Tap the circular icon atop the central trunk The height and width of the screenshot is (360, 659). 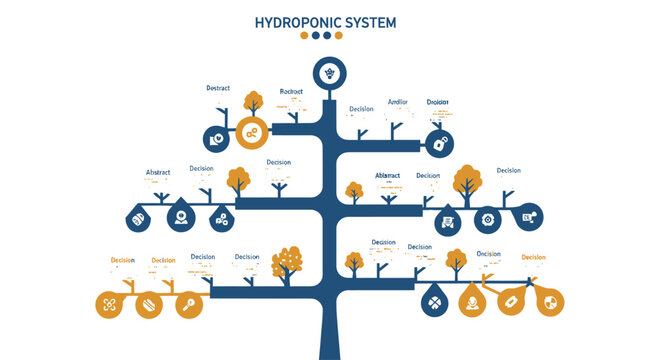coord(328,72)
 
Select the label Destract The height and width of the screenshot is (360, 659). coord(218,89)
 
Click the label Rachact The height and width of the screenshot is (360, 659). coord(291,91)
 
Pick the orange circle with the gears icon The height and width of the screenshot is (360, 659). coord(252,132)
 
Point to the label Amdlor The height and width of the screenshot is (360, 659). coord(399,102)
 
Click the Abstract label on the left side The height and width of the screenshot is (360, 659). coord(159,172)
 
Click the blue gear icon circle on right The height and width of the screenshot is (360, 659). coord(488,217)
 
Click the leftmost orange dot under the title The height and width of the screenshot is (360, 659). coord(305,35)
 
